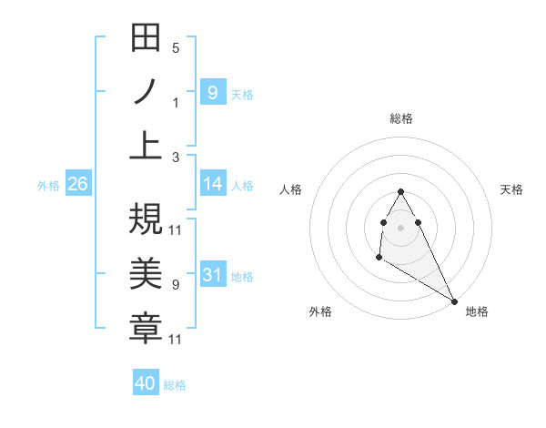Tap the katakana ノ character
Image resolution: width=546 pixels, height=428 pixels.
coord(147,92)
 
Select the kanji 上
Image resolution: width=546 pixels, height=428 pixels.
coord(147,145)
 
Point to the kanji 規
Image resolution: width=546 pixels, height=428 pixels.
coord(147,219)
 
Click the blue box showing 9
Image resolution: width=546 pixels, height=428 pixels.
coord(213,92)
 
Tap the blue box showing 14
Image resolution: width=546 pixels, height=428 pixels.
coord(213,184)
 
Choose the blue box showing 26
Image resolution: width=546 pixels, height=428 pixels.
coord(78,184)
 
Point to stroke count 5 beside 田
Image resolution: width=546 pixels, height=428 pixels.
coord(176,48)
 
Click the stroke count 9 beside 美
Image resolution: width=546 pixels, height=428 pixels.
coord(176,285)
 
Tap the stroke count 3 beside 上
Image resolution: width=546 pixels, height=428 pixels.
coord(176,157)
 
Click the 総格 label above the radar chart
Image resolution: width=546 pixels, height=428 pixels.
coord(401,118)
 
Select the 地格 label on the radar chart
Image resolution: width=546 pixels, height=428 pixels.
coord(477,311)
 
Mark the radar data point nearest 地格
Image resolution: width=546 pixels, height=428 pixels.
coord(455,301)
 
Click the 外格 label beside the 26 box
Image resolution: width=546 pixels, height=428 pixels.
coord(48,185)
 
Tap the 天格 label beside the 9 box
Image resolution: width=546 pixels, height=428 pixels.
coord(242,94)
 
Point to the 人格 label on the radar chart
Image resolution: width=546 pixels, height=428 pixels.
coord(290,189)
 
